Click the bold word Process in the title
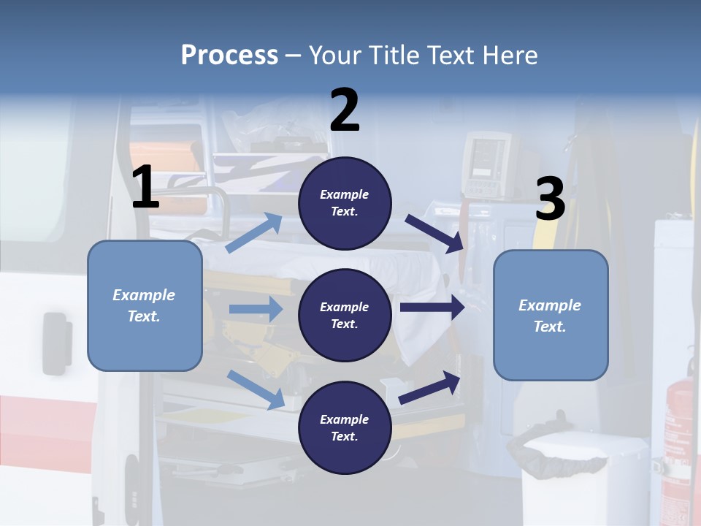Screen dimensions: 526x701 pos(229,55)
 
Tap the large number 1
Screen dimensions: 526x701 pos(145,187)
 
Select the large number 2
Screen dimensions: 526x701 pos(345,110)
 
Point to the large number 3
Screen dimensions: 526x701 pos(550,199)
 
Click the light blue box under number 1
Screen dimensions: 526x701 pos(145,305)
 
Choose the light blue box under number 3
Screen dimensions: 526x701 pos(551,315)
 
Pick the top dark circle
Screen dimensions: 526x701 pos(345,203)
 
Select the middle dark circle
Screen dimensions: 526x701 pos(345,315)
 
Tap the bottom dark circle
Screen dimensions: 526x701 pos(345,427)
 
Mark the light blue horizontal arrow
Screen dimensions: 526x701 pos(256,309)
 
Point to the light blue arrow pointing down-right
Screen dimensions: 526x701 pos(256,389)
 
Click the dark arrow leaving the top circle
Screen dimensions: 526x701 pos(435,233)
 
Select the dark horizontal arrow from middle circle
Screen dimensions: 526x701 pos(432,308)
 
